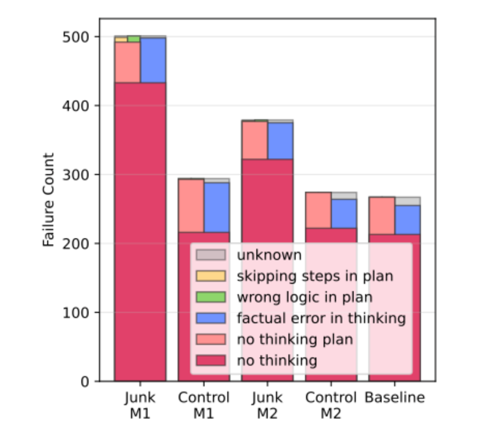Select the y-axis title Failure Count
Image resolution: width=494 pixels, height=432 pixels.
(x=49, y=199)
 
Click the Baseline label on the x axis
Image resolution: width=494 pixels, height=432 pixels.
(x=395, y=398)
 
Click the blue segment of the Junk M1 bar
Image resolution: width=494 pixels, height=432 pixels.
(x=153, y=60)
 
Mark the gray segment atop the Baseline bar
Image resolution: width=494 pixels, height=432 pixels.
(x=408, y=201)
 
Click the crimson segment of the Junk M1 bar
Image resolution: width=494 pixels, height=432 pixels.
(x=140, y=233)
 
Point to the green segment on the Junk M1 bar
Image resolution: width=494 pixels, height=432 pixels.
(x=134, y=38)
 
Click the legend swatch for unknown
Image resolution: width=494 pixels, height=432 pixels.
(x=210, y=255)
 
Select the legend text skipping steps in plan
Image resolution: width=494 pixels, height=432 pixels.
(x=315, y=276)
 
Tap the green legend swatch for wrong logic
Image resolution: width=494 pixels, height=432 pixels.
(x=210, y=297)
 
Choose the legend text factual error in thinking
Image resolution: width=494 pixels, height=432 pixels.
(x=321, y=318)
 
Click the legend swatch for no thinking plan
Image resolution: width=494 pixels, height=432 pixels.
(x=210, y=339)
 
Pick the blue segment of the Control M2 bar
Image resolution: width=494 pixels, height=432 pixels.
(x=344, y=213)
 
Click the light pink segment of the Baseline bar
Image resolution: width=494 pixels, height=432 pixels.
(x=382, y=215)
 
